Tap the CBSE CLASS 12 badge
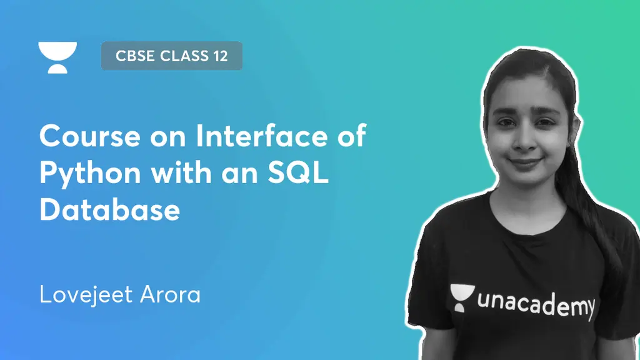171,56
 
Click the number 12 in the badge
218,56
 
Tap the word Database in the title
110,209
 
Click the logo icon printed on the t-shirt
461,299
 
